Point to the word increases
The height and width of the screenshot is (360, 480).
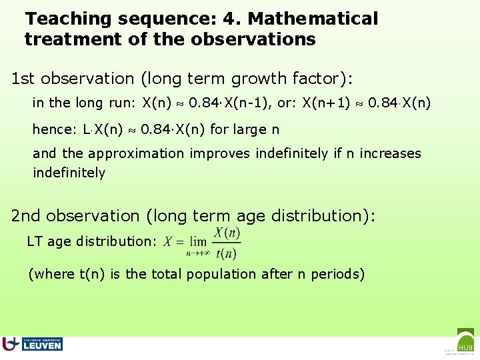click(x=390, y=153)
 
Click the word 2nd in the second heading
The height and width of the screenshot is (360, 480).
click(x=26, y=216)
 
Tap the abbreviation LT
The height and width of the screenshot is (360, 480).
click(x=35, y=241)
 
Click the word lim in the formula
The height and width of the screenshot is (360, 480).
click(x=198, y=241)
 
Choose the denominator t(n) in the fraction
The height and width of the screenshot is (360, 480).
click(x=227, y=253)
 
